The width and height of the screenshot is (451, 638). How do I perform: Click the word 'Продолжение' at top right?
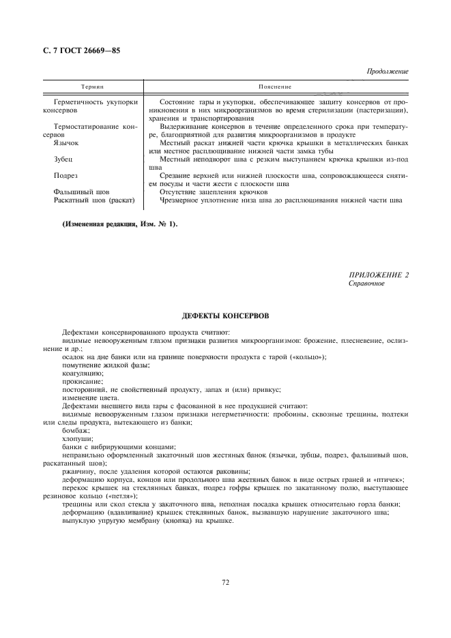point(388,71)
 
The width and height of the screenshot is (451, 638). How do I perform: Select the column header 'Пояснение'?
point(275,87)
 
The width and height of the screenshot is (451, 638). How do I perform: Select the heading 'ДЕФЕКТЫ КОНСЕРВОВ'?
point(225,316)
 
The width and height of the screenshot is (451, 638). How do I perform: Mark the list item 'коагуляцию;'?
point(83,373)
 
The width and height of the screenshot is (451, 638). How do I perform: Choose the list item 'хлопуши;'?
point(77,439)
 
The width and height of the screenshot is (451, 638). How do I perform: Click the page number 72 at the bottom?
point(225,581)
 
